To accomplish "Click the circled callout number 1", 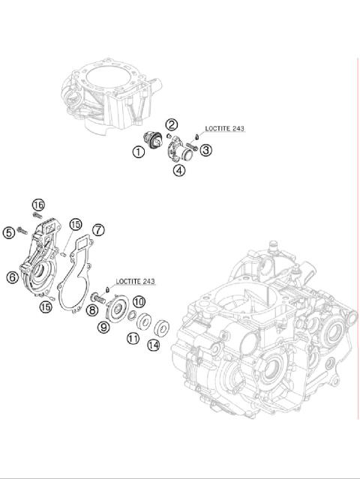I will pos(139,151).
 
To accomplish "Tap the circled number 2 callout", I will pos(172,124).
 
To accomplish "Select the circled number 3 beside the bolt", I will pos(205,150).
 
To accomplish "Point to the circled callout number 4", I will pos(179,170).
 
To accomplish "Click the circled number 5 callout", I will pos(9,233).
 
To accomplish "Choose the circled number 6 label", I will pos(12,277).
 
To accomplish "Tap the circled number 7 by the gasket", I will pos(98,229).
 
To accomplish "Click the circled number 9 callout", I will pos(104,326).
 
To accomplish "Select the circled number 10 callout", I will pos(138,301).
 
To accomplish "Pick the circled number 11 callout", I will pos(133,339).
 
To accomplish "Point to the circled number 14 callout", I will pos(154,345).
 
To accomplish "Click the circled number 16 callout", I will pos(38,205).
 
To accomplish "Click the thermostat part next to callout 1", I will pos(155,140).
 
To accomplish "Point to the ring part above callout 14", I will pos(160,326).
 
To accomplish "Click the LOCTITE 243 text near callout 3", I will pos(224,128).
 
